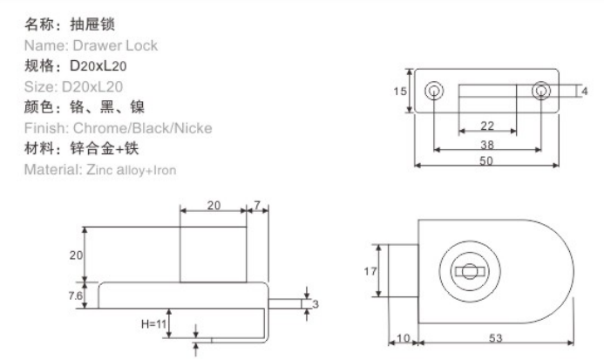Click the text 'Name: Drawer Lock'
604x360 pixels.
pyautogui.click(x=92, y=45)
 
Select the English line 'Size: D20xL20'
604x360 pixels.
pyautogui.click(x=75, y=86)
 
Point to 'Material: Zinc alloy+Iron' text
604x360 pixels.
pyautogui.click(x=101, y=169)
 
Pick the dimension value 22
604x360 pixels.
pyautogui.click(x=487, y=126)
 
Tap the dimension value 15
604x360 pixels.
pyautogui.click(x=401, y=91)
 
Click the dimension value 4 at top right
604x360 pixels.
pyautogui.click(x=584, y=91)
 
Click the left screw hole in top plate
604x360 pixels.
pyautogui.click(x=432, y=91)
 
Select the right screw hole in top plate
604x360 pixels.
pyautogui.click(x=542, y=91)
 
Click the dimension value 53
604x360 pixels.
pyautogui.click(x=494, y=337)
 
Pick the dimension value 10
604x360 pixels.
pyautogui.click(x=403, y=337)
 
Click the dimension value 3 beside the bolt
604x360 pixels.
pyautogui.click(x=316, y=303)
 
